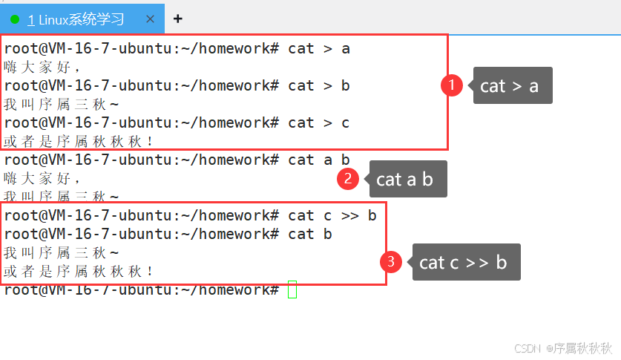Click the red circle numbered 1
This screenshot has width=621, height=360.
(452, 85)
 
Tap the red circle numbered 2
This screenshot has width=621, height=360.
(346, 179)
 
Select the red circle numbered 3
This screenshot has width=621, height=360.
(390, 262)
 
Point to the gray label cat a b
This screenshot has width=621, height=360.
(408, 179)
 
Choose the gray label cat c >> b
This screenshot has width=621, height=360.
(466, 262)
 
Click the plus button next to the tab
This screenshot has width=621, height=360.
(177, 19)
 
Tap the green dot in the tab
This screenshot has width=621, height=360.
(15, 19)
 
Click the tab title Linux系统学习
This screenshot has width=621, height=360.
(82, 19)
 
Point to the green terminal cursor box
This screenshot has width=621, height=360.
(292, 289)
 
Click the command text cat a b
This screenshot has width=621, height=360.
(319, 160)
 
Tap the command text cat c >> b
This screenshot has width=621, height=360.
(332, 215)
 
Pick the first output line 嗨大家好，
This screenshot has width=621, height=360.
(42, 67)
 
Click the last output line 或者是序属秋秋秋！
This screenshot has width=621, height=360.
(79, 271)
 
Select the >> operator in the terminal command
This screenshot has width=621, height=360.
(350, 215)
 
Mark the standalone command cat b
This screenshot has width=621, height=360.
(310, 234)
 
